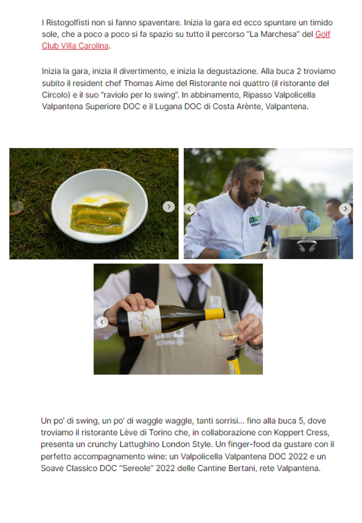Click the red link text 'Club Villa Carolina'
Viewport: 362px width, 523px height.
pos(75,46)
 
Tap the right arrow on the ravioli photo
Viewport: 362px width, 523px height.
pos(169,207)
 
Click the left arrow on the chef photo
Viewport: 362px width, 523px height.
pos(190,209)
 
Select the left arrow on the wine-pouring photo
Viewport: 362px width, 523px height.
pos(102,322)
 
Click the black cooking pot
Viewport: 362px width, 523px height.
pos(308,248)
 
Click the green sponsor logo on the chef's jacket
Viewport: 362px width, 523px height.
pos(254,221)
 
